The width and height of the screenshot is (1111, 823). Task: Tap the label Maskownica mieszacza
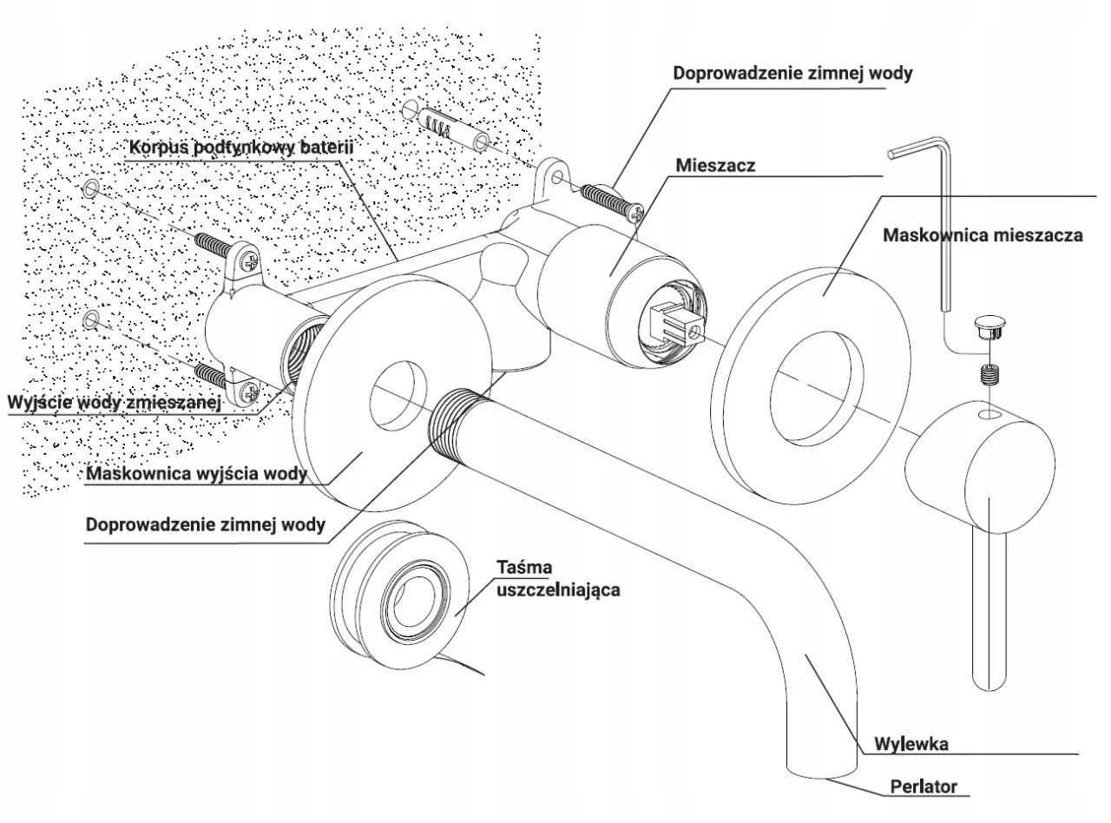983,234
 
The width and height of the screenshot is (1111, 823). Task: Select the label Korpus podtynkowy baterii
241,147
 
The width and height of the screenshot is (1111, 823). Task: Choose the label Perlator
924,787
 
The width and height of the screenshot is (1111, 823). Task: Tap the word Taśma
526,568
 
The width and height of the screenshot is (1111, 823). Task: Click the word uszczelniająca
557,589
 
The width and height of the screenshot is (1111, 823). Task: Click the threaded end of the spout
458,418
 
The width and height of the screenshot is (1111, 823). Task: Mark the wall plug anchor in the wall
446,127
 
